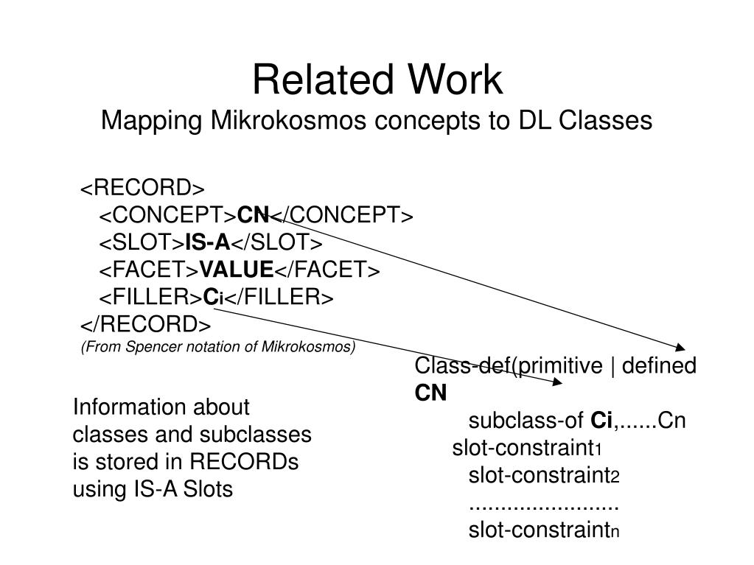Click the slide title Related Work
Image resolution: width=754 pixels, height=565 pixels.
click(377, 80)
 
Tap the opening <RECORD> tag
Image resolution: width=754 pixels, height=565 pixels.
click(142, 188)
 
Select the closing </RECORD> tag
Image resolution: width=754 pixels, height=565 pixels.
click(145, 325)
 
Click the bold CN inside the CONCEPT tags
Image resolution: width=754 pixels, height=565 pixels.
click(253, 215)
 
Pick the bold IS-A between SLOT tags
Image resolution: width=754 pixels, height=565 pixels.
click(209, 243)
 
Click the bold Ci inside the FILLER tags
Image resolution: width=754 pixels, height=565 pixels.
click(213, 298)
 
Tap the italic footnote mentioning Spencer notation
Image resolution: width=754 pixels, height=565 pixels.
click(218, 347)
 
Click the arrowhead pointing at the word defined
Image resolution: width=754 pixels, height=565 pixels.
click(681, 347)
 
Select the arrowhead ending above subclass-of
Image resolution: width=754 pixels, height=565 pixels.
click(558, 382)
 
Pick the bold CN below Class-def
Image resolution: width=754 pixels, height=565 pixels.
click(430, 393)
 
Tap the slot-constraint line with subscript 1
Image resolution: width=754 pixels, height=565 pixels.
click(528, 449)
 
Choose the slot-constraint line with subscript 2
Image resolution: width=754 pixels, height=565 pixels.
click(544, 476)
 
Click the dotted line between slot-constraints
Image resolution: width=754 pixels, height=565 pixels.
click(543, 505)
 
